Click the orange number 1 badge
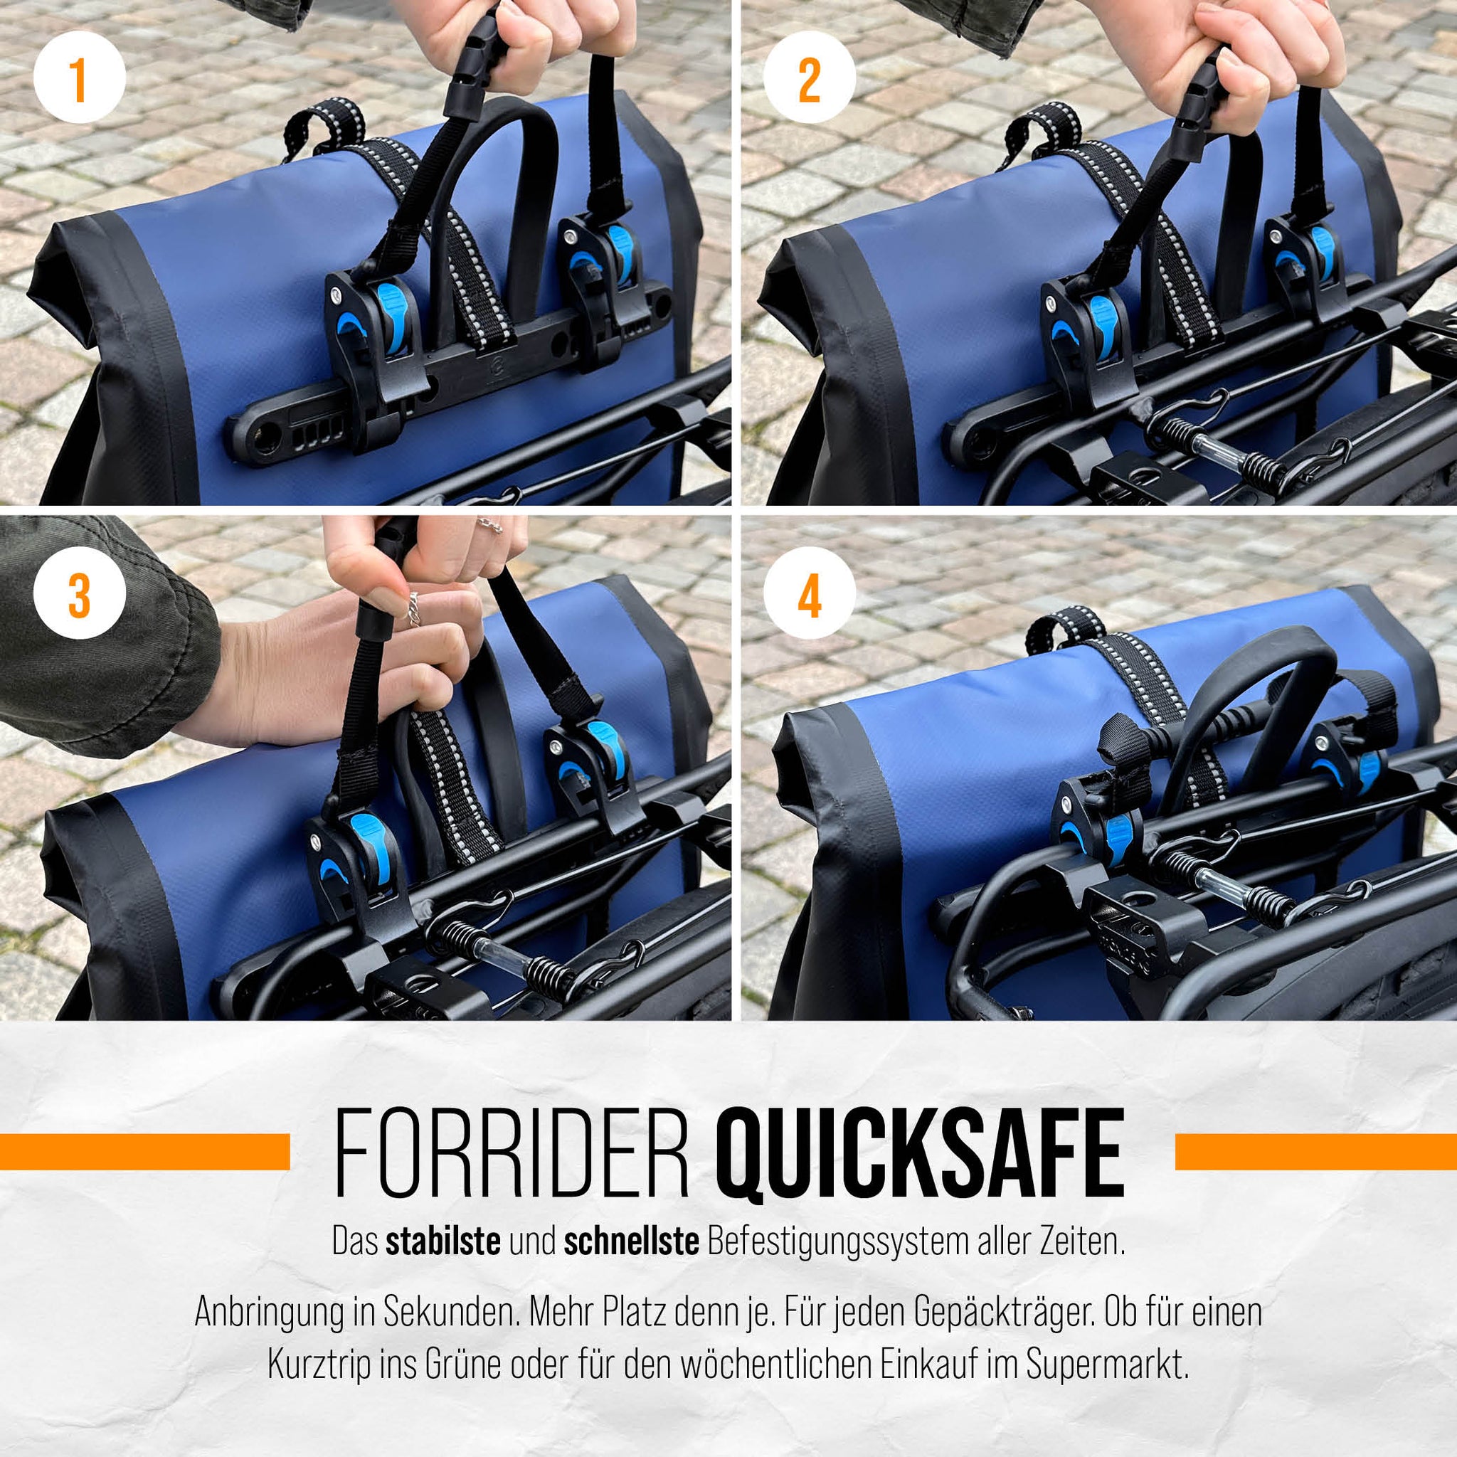click(79, 79)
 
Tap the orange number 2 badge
click(809, 79)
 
